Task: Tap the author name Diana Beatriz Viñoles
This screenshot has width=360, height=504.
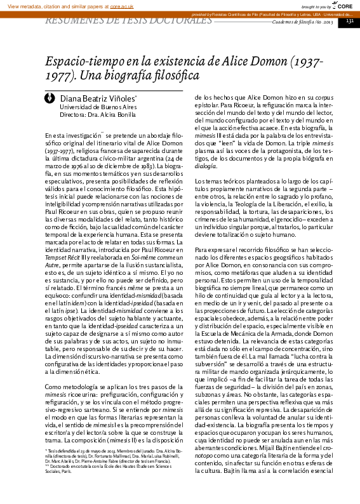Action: [x=97, y=99]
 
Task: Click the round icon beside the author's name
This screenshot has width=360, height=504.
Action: [x=51, y=99]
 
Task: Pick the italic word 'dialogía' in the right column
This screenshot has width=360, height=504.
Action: [x=206, y=166]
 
